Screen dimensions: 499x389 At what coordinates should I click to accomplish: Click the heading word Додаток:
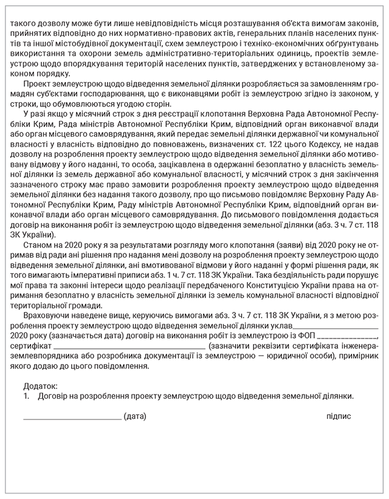41,386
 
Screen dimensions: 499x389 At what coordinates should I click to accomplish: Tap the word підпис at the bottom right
339,416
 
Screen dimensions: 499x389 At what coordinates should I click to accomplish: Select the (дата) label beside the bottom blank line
135,416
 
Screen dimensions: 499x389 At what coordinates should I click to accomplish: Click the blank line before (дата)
72,418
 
